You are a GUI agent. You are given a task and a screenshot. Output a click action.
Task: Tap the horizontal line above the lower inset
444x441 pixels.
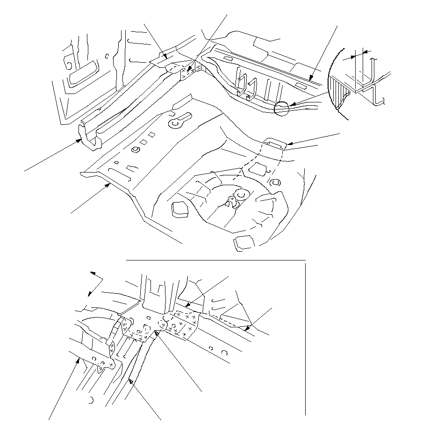tap(215, 259)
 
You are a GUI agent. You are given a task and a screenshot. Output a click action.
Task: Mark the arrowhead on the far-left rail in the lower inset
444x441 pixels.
tap(79, 359)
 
